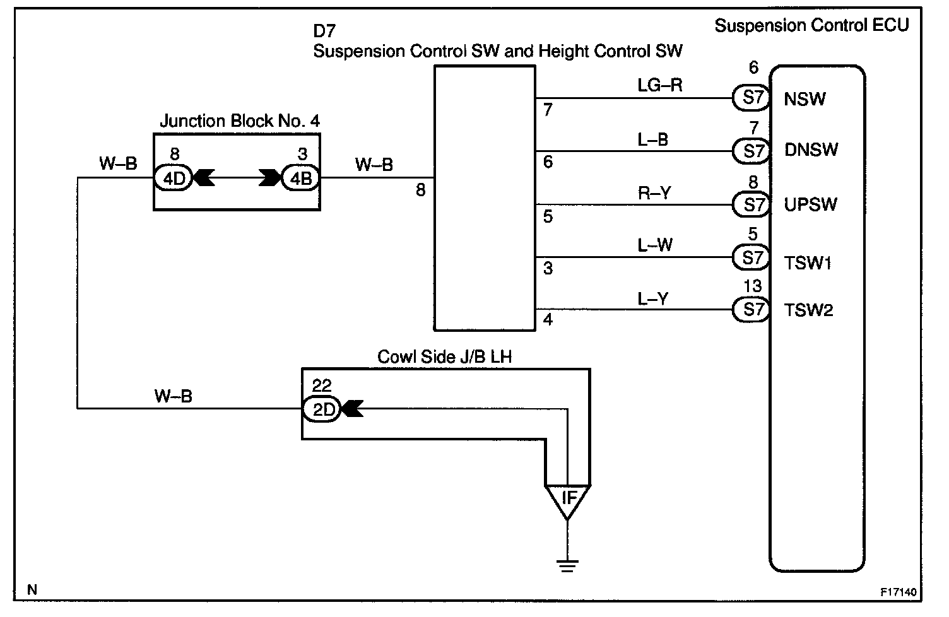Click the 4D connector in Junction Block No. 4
(x=174, y=179)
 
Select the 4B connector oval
(x=300, y=179)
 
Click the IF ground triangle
(x=568, y=498)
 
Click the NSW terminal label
(x=805, y=99)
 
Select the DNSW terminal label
(x=811, y=150)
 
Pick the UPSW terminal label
(x=811, y=204)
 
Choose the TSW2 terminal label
(x=808, y=310)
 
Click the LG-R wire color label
(x=659, y=85)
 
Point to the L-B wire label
(x=653, y=139)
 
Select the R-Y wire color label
(x=654, y=193)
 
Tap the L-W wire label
(x=655, y=245)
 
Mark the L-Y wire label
(x=653, y=298)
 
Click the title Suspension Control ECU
(x=811, y=26)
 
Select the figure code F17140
(x=899, y=592)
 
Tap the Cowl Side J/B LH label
(x=444, y=357)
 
